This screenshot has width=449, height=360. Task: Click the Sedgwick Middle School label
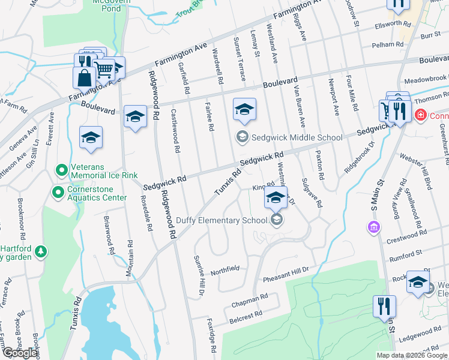pyautogui.click(x=297, y=137)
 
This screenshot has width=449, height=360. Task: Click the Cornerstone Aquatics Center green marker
pyautogui.click(x=58, y=193)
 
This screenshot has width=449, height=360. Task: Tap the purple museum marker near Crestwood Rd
pyautogui.click(x=374, y=227)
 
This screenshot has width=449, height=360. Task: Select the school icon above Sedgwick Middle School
pyautogui.click(x=244, y=110)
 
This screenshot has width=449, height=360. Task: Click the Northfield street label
pyautogui.click(x=226, y=268)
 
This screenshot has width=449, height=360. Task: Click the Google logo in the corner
pyautogui.click(x=20, y=353)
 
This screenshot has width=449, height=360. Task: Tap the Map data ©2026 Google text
pyautogui.click(x=412, y=355)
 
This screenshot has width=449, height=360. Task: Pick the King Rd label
pyautogui.click(x=258, y=188)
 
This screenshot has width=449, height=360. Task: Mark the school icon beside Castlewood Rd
pyautogui.click(x=136, y=116)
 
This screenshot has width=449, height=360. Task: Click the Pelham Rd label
pyautogui.click(x=387, y=44)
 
